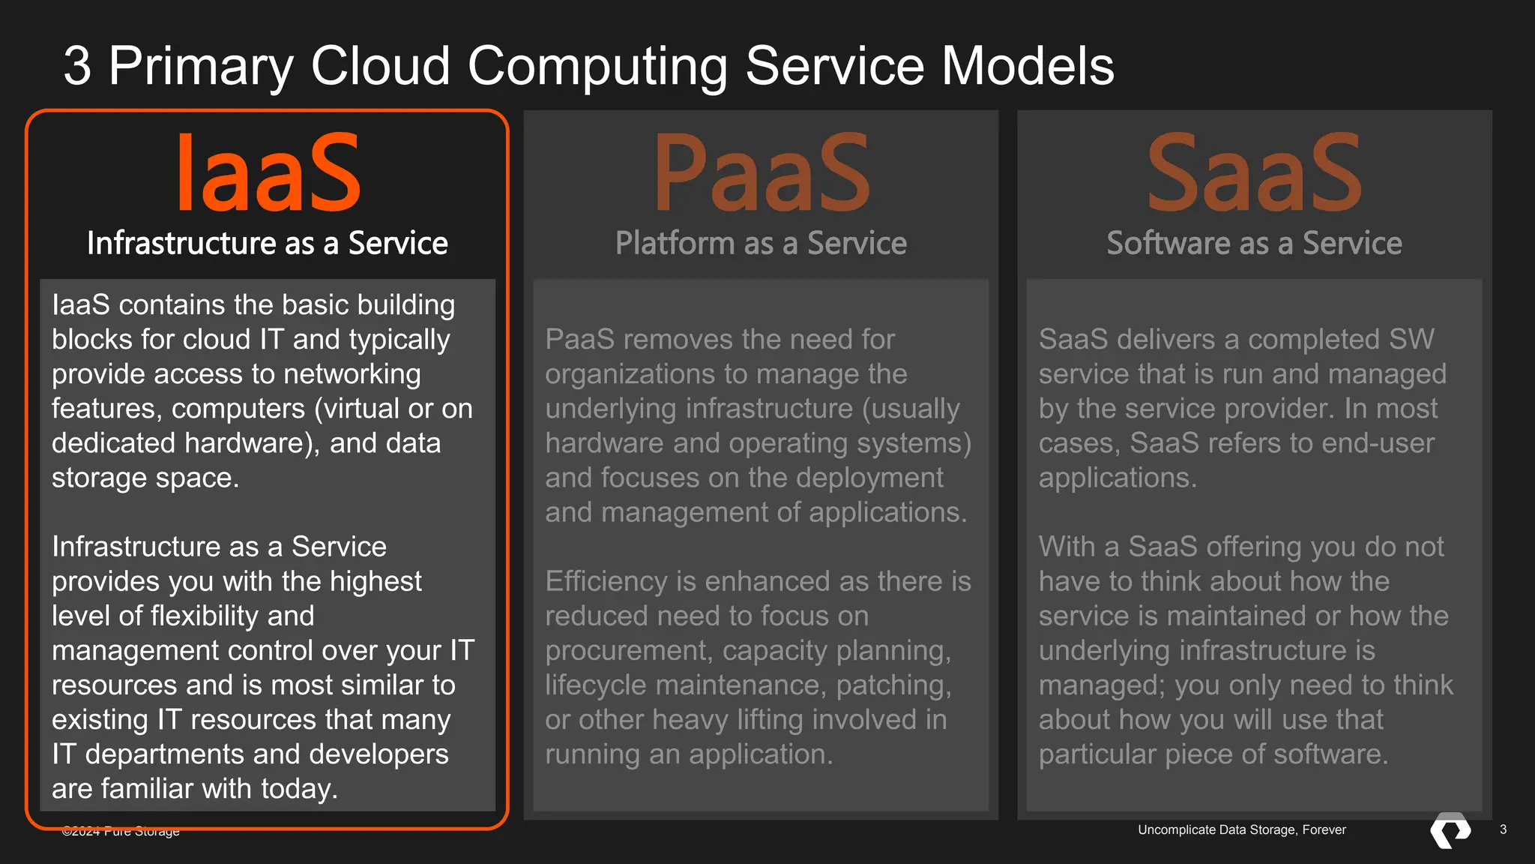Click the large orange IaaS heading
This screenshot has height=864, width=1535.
pyautogui.click(x=268, y=173)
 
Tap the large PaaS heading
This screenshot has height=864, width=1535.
pyautogui.click(x=762, y=173)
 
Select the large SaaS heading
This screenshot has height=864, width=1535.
pyautogui.click(x=1254, y=173)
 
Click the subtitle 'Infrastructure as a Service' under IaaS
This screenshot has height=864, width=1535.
pyautogui.click(x=268, y=244)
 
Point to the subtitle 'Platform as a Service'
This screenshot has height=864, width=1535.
pyautogui.click(x=761, y=244)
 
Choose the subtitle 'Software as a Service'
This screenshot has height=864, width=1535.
pyautogui.click(x=1254, y=244)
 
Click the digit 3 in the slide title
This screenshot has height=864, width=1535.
pyautogui.click(x=77, y=66)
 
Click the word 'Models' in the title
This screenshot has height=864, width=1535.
pyautogui.click(x=1028, y=66)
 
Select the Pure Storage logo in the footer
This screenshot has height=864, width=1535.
pyautogui.click(x=1450, y=830)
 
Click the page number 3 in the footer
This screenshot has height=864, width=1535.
pyautogui.click(x=1503, y=829)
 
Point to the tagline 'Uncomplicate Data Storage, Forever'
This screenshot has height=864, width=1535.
pyautogui.click(x=1241, y=829)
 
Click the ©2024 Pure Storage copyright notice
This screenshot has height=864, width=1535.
pyautogui.click(x=121, y=831)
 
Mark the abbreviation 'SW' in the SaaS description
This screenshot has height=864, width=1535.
pyautogui.click(x=1411, y=340)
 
